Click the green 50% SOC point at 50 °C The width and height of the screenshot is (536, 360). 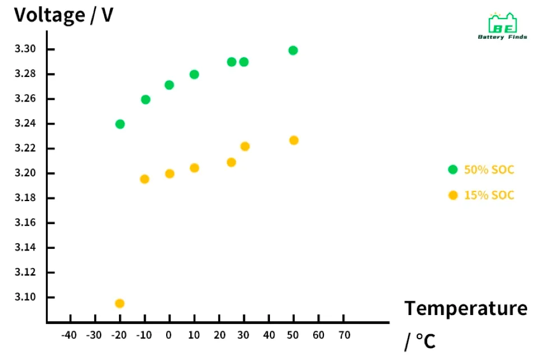(x=293, y=51)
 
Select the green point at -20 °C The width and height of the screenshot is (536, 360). (x=120, y=124)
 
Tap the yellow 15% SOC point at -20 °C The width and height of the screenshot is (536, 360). (x=120, y=303)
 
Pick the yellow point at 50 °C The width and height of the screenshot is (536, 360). (x=294, y=140)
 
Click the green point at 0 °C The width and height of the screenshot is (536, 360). (x=169, y=85)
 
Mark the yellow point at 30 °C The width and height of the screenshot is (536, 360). (x=245, y=147)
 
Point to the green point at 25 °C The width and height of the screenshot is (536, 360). (x=231, y=62)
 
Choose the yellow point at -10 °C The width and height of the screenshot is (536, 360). (x=144, y=179)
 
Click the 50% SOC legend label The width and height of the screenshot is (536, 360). (x=489, y=170)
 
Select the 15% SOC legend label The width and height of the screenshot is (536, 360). (x=489, y=195)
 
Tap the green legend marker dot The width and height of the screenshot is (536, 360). (x=453, y=170)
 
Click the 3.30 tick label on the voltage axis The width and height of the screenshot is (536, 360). (x=25, y=49)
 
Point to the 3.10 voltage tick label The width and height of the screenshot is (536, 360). (x=25, y=297)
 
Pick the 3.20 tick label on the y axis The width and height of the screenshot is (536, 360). (x=25, y=173)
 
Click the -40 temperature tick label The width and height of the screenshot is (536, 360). (x=68, y=335)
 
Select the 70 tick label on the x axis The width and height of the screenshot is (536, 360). (x=344, y=335)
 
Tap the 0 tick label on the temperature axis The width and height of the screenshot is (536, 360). (x=169, y=335)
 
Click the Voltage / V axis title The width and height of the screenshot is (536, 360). (x=63, y=15)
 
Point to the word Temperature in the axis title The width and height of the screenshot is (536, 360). (x=466, y=308)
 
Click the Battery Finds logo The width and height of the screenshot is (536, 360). (x=502, y=26)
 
